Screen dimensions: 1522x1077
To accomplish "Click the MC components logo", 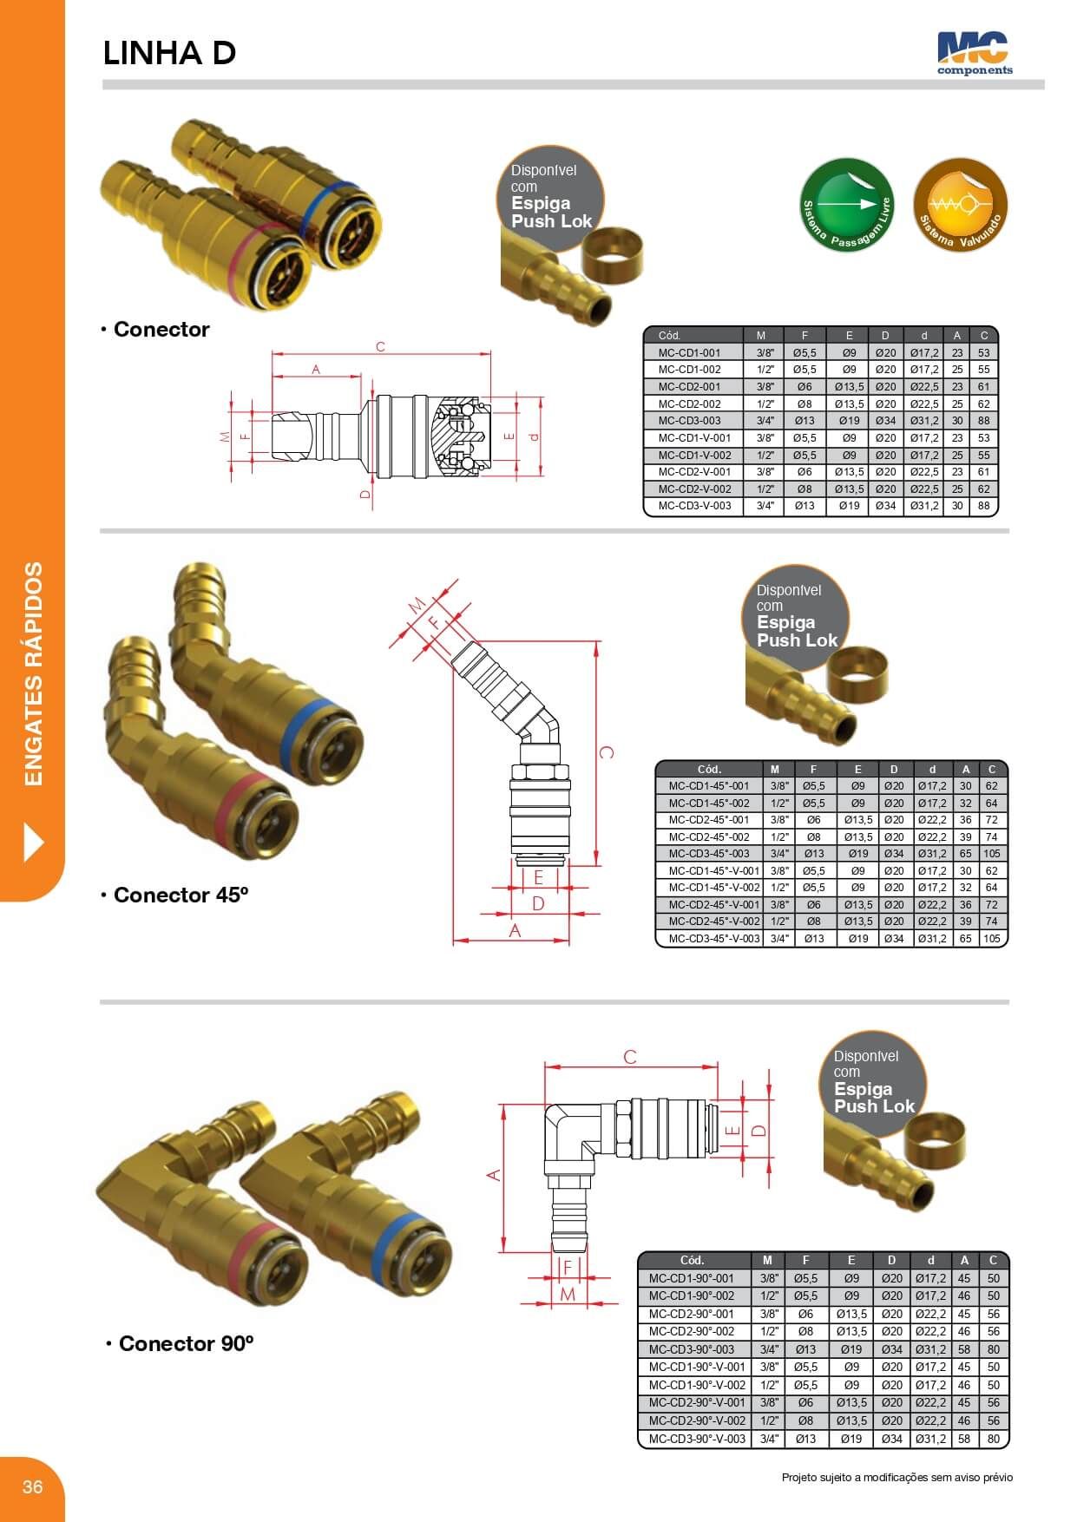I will (974, 53).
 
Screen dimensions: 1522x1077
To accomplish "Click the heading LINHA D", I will (169, 54).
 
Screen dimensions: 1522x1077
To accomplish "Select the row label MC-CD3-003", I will (689, 421).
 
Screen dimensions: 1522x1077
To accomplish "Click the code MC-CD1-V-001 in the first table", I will (693, 438).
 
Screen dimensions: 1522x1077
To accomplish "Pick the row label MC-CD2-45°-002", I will (708, 837).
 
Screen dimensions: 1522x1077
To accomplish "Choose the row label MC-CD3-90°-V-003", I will (696, 1439).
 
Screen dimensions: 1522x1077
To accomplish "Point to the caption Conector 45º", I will (181, 895).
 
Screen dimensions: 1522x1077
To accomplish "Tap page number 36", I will (32, 1487).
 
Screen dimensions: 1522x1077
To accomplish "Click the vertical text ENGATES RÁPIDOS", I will (33, 674).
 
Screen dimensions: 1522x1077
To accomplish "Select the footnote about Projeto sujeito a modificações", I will (896, 1478).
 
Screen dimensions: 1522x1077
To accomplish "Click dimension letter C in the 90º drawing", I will (630, 1057).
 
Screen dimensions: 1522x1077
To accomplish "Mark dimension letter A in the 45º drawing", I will (515, 931).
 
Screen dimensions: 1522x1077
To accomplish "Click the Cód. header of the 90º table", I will (691, 1260).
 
